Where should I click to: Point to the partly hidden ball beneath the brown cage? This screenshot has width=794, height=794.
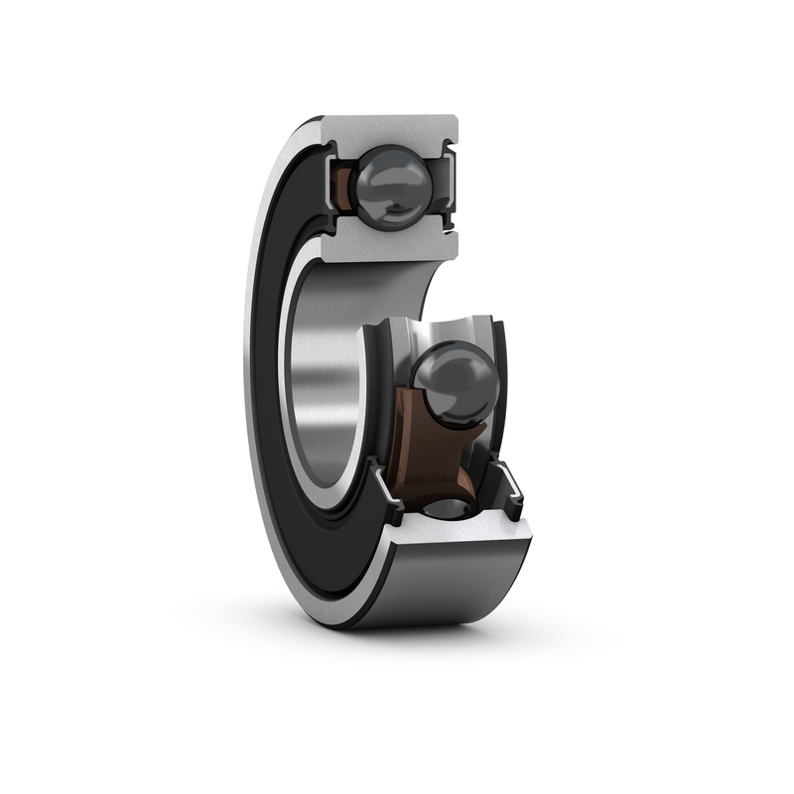click(x=453, y=507)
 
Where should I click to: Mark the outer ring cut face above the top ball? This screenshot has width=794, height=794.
click(x=392, y=130)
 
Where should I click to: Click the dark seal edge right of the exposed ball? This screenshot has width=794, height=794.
click(x=501, y=397)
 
